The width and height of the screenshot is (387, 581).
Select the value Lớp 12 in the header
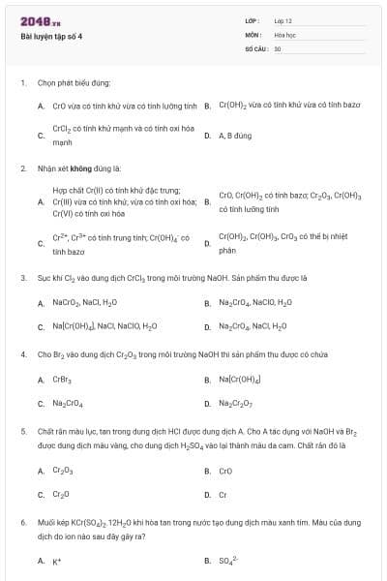(283, 20)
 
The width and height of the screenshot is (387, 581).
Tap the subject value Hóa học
(284, 34)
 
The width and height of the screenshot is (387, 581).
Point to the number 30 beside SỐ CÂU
(278, 47)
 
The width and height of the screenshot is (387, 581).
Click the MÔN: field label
(253, 34)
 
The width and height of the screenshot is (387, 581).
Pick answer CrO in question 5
(225, 471)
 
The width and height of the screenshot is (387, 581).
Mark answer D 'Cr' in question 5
(223, 494)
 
